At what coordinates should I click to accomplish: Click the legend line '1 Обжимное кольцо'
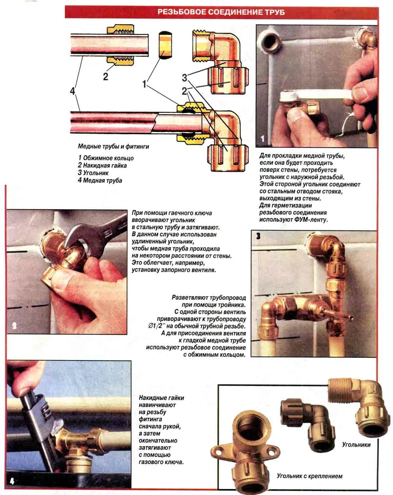pyautogui.click(x=106, y=158)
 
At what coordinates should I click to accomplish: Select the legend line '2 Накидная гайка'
pyautogui.click(x=102, y=165)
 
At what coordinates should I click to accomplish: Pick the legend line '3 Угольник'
pyautogui.click(x=93, y=173)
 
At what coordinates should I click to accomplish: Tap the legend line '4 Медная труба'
pyautogui.click(x=100, y=180)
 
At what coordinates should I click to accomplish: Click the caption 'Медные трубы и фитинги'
pyautogui.click(x=113, y=146)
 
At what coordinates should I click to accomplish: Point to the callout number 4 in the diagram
pyautogui.click(x=73, y=91)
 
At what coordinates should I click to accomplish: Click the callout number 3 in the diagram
pyautogui.click(x=184, y=78)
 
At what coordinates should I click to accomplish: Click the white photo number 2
pyautogui.click(x=14, y=326)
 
